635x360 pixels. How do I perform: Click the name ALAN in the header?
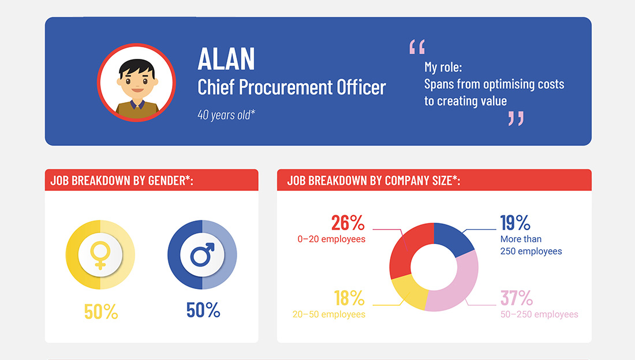[226, 59]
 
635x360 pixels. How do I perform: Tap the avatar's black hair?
[136, 67]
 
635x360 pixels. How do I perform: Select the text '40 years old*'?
[226, 115]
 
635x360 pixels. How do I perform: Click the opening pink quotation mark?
[417, 47]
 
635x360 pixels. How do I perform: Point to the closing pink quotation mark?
[516, 118]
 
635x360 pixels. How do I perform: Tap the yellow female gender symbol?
[100, 255]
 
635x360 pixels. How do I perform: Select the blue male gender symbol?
[202, 254]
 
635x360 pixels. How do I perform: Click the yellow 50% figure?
[101, 312]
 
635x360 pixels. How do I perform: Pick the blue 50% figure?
[203, 310]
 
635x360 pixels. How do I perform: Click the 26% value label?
[348, 223]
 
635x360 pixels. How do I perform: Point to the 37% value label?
[516, 298]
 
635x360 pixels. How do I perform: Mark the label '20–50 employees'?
[329, 314]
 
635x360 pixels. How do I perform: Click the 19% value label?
[515, 223]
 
